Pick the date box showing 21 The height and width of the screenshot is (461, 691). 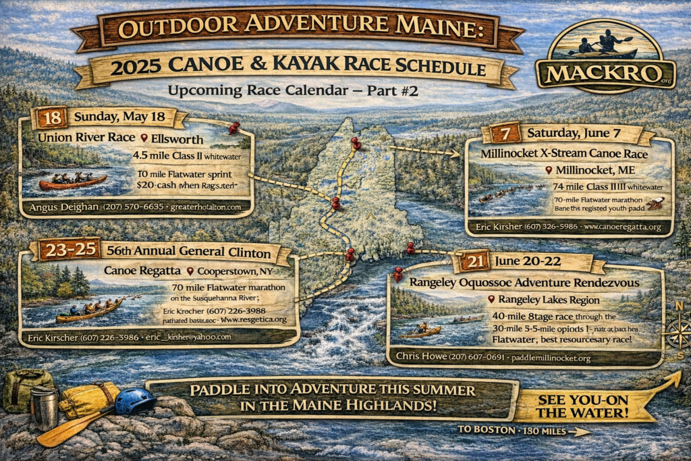(477, 261)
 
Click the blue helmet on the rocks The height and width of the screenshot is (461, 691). (135, 402)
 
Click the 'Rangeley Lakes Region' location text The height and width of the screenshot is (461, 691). (551, 299)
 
